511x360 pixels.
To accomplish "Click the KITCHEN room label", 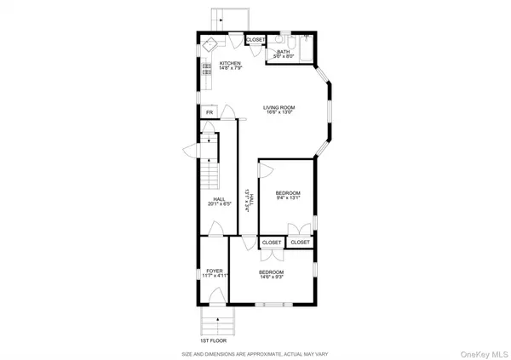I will point(230,63).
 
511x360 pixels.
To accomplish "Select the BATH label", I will point(282,52).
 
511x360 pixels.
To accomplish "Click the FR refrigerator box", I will point(209,112).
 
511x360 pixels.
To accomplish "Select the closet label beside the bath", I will point(255,40).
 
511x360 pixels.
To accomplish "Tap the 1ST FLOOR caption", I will point(211,340).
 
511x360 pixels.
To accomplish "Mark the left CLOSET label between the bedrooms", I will point(272,243).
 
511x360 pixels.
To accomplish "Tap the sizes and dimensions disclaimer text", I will point(255,353).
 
